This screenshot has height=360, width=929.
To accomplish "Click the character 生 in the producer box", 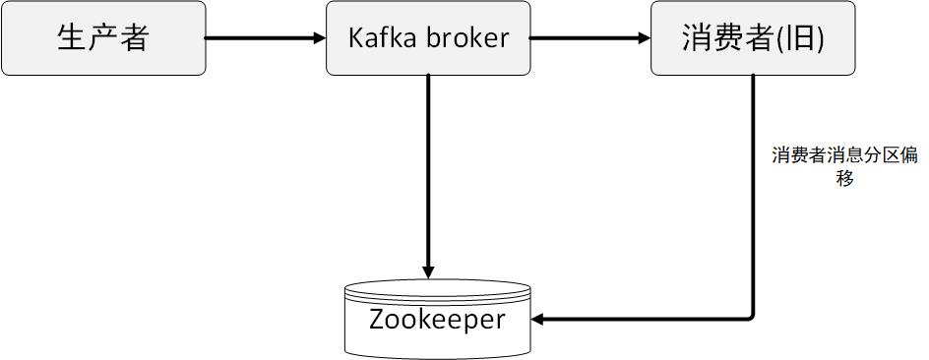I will tap(73, 38).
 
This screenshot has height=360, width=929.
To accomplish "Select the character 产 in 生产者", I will tap(103, 38).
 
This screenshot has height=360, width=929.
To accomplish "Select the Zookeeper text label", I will tap(437, 319).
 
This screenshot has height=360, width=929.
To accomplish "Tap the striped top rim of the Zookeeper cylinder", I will tap(437, 291).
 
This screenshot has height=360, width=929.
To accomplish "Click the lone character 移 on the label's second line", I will tap(844, 178).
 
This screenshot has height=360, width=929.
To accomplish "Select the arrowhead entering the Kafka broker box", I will tap(319, 38).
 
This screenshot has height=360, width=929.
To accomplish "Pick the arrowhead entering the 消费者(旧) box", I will tap(644, 38).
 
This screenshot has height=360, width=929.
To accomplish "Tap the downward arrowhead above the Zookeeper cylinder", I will tap(428, 271).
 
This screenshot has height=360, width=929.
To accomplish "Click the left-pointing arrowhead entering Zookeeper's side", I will tap(537, 319).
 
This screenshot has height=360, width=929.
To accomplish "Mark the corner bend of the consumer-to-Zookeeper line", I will tap(752, 317).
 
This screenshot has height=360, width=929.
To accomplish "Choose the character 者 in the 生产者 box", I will tap(134, 38).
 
